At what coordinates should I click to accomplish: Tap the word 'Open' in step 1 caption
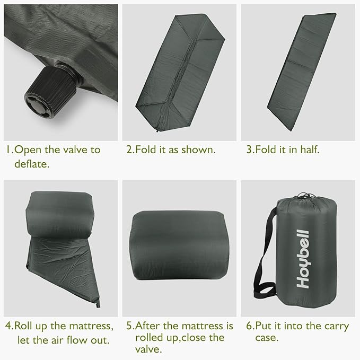click(x=27, y=150)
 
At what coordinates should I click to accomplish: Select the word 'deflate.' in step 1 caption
click(x=31, y=164)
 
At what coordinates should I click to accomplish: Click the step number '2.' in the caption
click(x=130, y=150)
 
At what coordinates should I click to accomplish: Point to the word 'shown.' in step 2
click(x=198, y=150)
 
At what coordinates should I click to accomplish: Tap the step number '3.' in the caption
click(x=249, y=150)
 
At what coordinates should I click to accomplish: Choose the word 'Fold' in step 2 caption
click(x=146, y=150)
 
